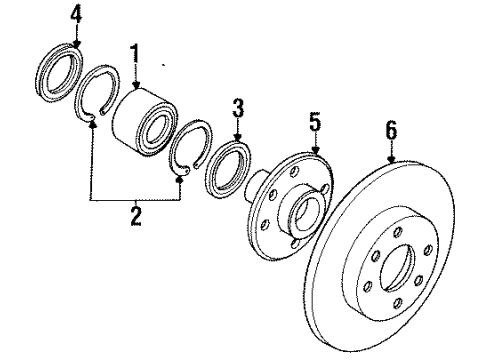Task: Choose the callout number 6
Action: point(391,130)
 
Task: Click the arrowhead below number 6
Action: point(391,160)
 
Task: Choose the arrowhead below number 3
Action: point(237,137)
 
